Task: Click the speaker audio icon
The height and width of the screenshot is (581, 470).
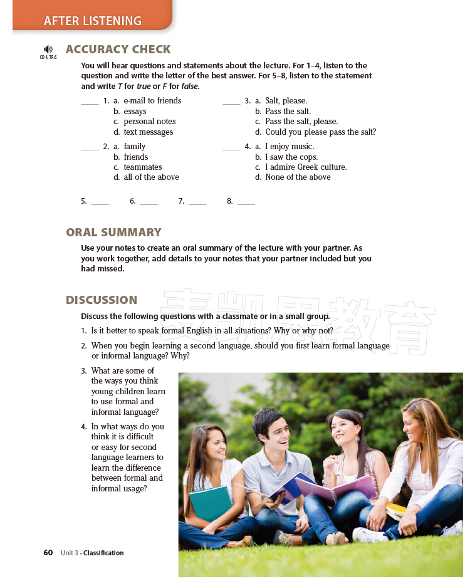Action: click(48, 49)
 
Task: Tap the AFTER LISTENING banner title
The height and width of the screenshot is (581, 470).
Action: click(92, 21)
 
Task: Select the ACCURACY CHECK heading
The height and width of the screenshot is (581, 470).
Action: click(118, 49)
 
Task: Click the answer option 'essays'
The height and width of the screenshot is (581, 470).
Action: click(135, 112)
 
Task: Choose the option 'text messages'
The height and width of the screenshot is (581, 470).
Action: click(148, 132)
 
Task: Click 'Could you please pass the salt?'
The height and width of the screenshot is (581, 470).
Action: click(320, 132)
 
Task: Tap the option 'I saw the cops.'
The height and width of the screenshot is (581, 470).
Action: click(291, 157)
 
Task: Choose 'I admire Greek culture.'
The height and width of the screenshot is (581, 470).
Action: click(306, 167)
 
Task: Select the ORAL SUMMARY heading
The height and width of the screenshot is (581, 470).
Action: click(113, 232)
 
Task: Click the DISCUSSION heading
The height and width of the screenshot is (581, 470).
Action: click(102, 300)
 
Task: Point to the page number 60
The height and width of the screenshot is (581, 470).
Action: click(48, 553)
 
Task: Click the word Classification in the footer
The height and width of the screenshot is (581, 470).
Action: click(103, 553)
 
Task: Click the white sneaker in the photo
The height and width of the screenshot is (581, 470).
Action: click(370, 535)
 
